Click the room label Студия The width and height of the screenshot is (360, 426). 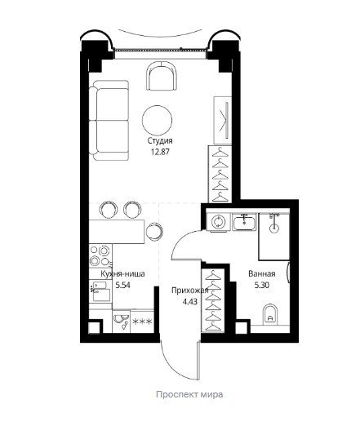160,141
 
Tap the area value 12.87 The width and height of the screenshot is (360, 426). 160,152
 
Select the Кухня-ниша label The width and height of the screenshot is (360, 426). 122,273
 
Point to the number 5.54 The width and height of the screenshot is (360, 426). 123,285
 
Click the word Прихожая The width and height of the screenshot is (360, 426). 190,291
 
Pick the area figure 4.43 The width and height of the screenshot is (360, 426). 190,302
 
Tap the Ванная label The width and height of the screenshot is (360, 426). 262,273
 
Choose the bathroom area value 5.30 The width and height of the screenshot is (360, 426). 262,285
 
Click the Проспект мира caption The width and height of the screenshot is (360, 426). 189,394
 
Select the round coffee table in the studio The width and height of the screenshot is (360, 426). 157,120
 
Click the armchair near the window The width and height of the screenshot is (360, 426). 162,76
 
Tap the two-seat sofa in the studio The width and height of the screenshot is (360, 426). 109,120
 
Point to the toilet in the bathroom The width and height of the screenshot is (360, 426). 270,314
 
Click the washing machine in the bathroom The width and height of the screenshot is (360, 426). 216,222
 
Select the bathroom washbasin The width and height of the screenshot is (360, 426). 244,221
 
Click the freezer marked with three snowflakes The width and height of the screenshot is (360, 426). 142,322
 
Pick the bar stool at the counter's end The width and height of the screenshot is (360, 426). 154,232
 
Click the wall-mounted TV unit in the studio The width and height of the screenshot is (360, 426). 223,120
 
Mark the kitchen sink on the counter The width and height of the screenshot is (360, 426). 101,291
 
